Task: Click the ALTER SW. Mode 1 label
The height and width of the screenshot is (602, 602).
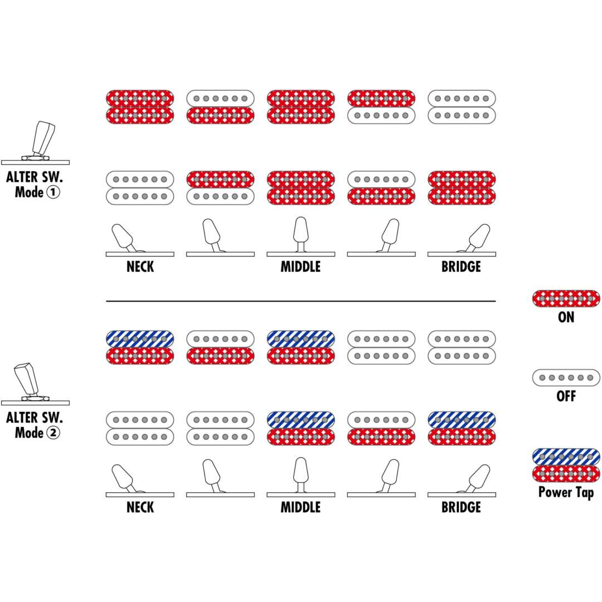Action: tap(35, 185)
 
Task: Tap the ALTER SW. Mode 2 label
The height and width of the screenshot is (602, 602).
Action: tap(35, 425)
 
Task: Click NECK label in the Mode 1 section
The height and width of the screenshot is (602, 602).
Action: tap(140, 266)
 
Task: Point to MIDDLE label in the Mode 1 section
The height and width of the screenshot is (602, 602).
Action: tap(300, 266)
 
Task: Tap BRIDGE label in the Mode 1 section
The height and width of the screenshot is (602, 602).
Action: tap(461, 266)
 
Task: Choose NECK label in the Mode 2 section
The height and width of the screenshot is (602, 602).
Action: tap(140, 507)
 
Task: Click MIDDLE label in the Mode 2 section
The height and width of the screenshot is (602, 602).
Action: tap(300, 507)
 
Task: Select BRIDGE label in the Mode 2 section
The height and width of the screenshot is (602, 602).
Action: tap(461, 507)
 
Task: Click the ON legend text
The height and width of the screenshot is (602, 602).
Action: tap(566, 317)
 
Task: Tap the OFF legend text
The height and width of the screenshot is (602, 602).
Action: tap(566, 396)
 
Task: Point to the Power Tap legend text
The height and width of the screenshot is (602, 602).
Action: tap(566, 492)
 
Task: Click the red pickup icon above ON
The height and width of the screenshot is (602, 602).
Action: tap(566, 298)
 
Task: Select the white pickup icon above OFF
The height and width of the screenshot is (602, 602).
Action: tap(566, 377)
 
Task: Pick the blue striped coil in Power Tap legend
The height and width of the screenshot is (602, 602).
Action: tap(566, 457)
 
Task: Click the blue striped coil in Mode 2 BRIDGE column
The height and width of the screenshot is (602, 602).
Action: tap(462, 420)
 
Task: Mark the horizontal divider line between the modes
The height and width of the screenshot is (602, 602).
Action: tap(300, 301)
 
